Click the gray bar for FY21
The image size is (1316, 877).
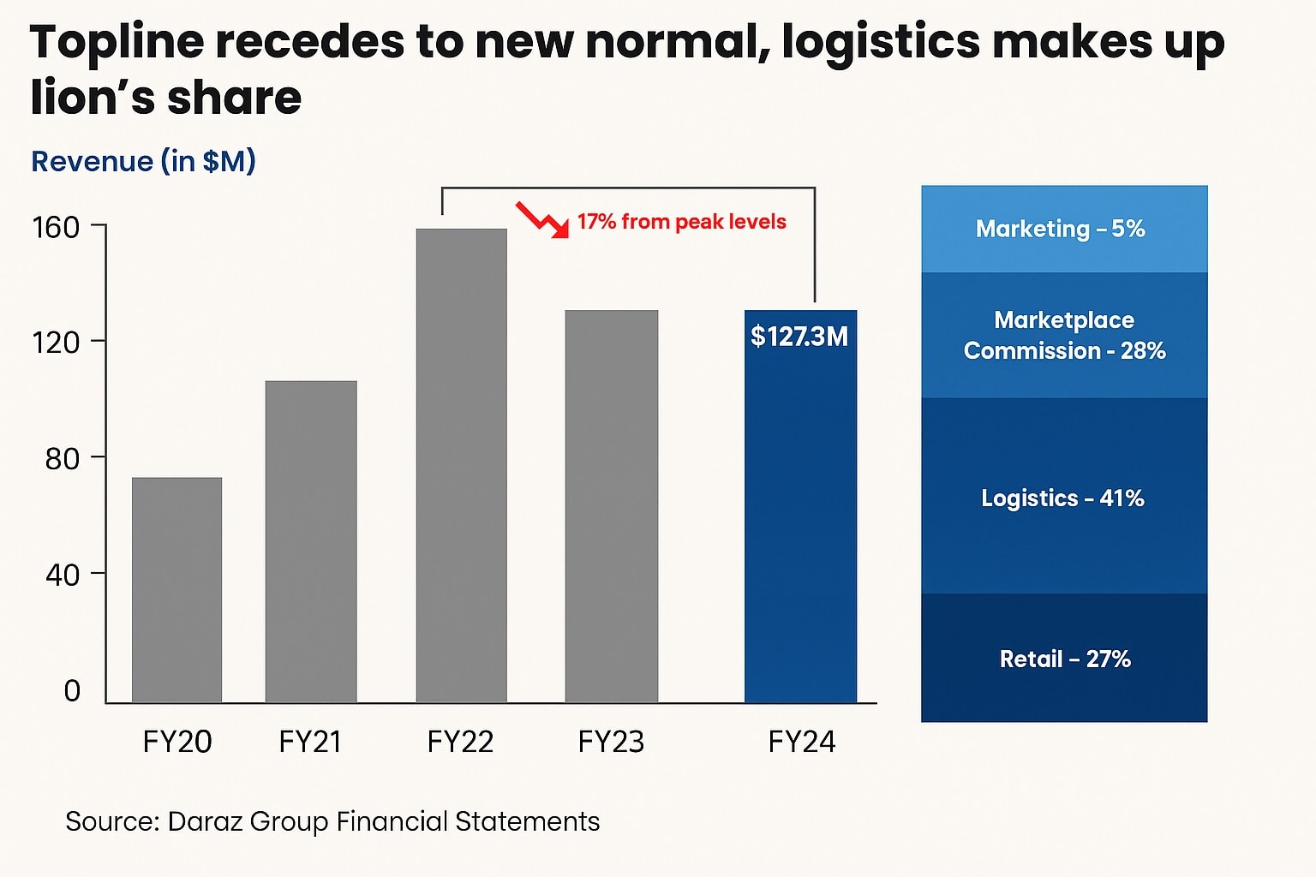(x=311, y=541)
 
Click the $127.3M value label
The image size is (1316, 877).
(x=799, y=337)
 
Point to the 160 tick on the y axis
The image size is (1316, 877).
(x=56, y=228)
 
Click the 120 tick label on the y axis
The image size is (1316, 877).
(x=56, y=343)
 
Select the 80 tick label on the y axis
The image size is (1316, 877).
(x=62, y=459)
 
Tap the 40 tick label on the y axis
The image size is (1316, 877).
(x=62, y=575)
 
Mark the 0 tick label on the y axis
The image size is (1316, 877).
(x=72, y=690)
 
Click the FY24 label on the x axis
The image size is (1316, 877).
(x=801, y=742)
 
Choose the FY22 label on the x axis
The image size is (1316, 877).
(x=460, y=742)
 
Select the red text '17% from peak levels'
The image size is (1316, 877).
(x=681, y=222)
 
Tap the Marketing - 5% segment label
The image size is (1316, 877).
(x=1060, y=229)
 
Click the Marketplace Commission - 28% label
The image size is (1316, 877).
(x=1064, y=335)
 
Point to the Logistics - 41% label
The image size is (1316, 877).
(x=1062, y=498)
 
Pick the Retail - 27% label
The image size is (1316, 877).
(x=1065, y=659)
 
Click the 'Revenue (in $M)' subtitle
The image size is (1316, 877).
(x=143, y=161)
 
